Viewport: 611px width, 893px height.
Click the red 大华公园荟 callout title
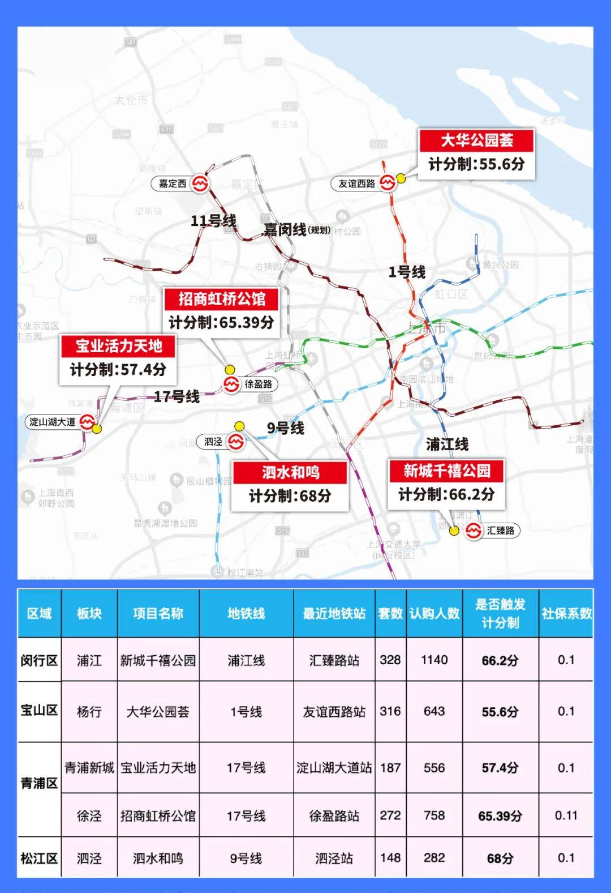pyautogui.click(x=476, y=140)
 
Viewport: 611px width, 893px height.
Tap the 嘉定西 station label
pyautogui.click(x=173, y=183)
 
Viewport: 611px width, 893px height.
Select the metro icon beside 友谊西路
pyautogui.click(x=388, y=183)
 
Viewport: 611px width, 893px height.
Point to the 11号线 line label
pyautogui.click(x=213, y=221)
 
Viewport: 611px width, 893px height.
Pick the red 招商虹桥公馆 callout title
pyautogui.click(x=221, y=298)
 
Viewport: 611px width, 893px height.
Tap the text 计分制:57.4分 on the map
pyautogui.click(x=118, y=370)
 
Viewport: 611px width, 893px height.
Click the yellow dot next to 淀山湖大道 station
pyautogui.click(x=97, y=429)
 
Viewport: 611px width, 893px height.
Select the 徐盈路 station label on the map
pyautogui.click(x=259, y=384)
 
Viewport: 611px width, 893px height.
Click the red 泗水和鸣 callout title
pyautogui.click(x=290, y=472)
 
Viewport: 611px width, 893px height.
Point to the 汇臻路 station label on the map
pyautogui.click(x=501, y=531)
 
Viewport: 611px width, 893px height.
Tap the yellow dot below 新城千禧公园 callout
pyautogui.click(x=454, y=531)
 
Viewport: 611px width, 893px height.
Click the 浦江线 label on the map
pyautogui.click(x=447, y=444)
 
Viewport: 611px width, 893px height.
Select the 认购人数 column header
pyautogui.click(x=434, y=613)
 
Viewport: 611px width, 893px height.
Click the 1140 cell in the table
pyautogui.click(x=434, y=660)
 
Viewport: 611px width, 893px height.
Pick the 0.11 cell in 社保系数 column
pyautogui.click(x=566, y=815)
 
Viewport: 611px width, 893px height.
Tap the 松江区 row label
pyautogui.click(x=39, y=858)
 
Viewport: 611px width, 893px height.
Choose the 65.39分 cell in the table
pyautogui.click(x=500, y=816)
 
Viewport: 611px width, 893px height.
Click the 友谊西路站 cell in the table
pyautogui.click(x=334, y=711)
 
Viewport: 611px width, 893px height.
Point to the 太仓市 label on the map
pyautogui.click(x=131, y=100)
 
